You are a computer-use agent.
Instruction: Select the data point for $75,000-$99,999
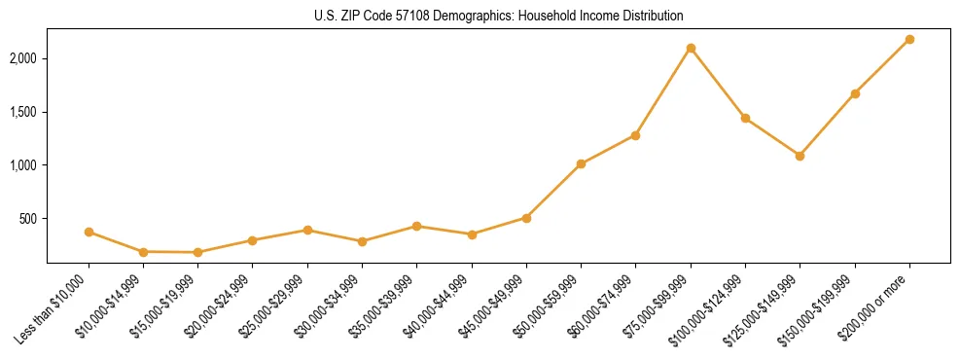click(691, 48)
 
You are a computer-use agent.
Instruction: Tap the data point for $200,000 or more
click(909, 39)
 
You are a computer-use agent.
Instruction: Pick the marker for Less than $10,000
click(89, 232)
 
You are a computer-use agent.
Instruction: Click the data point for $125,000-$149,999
click(800, 156)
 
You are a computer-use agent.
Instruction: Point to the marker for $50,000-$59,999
click(581, 163)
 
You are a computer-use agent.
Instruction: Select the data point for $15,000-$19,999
click(198, 252)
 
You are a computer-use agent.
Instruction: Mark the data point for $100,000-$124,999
click(745, 118)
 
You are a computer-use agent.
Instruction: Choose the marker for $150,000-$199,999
click(855, 93)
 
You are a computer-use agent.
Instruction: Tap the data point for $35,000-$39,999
click(416, 226)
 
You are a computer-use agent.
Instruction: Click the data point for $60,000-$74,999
click(635, 135)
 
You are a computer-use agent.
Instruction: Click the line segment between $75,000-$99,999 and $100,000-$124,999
click(718, 83)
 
